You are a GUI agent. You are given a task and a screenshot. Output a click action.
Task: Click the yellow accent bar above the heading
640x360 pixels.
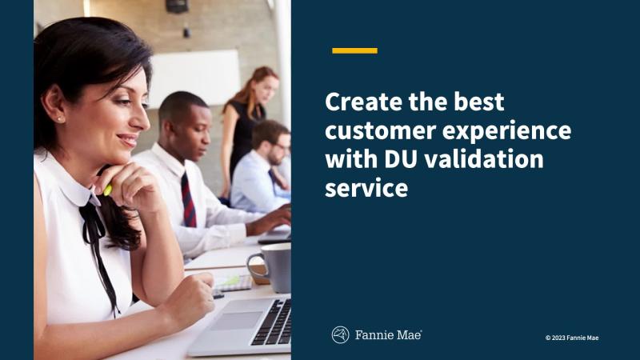(x=354, y=50)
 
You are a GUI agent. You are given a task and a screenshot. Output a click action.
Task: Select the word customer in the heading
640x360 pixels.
(x=380, y=131)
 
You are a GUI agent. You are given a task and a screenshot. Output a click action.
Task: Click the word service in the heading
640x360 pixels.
(x=366, y=188)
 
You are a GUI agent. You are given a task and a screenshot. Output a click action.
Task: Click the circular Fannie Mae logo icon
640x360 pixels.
(x=341, y=335)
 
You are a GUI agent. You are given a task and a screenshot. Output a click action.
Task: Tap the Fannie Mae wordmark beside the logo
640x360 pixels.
(x=388, y=335)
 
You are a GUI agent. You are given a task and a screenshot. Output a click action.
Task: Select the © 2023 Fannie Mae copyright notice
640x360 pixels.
(x=572, y=338)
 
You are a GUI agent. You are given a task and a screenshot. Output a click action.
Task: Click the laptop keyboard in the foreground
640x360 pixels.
(x=274, y=322)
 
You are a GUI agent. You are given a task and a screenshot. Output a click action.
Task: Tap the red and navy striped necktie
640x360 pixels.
(x=188, y=199)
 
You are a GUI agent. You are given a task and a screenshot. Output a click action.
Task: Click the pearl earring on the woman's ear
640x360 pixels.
(x=60, y=119)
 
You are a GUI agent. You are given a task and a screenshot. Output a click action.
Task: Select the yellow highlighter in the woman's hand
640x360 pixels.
(x=107, y=190)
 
